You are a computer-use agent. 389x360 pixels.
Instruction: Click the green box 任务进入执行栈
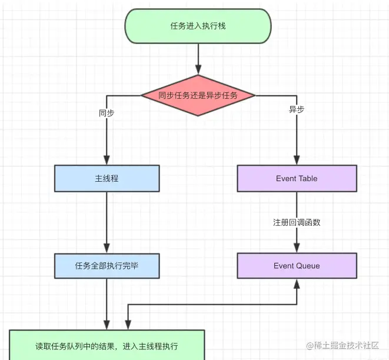198,26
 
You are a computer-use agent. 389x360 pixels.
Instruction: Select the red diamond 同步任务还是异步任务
198,95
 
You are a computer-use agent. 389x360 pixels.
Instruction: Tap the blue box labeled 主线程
107,178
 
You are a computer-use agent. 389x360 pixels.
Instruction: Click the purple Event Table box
297,178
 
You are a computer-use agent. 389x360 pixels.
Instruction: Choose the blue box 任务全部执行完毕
107,266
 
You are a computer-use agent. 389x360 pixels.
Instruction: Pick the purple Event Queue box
297,266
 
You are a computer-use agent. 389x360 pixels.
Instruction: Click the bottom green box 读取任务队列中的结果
107,345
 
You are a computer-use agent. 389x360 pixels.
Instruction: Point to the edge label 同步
107,113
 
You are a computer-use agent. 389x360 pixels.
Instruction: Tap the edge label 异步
297,109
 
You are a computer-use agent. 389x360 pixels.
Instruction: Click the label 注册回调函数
297,222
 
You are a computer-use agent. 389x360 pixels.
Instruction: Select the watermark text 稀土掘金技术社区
346,345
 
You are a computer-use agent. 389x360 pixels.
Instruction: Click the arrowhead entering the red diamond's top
198,69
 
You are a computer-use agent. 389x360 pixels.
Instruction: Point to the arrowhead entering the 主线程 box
107,160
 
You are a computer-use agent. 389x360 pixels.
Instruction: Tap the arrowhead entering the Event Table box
297,160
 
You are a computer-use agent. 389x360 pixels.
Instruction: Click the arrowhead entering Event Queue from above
297,248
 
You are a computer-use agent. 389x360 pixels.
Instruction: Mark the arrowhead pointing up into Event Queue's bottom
297,284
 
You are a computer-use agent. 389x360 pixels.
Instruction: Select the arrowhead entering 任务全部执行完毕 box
107,248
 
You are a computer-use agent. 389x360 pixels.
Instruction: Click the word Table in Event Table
308,178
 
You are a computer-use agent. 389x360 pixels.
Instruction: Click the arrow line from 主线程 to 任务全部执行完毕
107,222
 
